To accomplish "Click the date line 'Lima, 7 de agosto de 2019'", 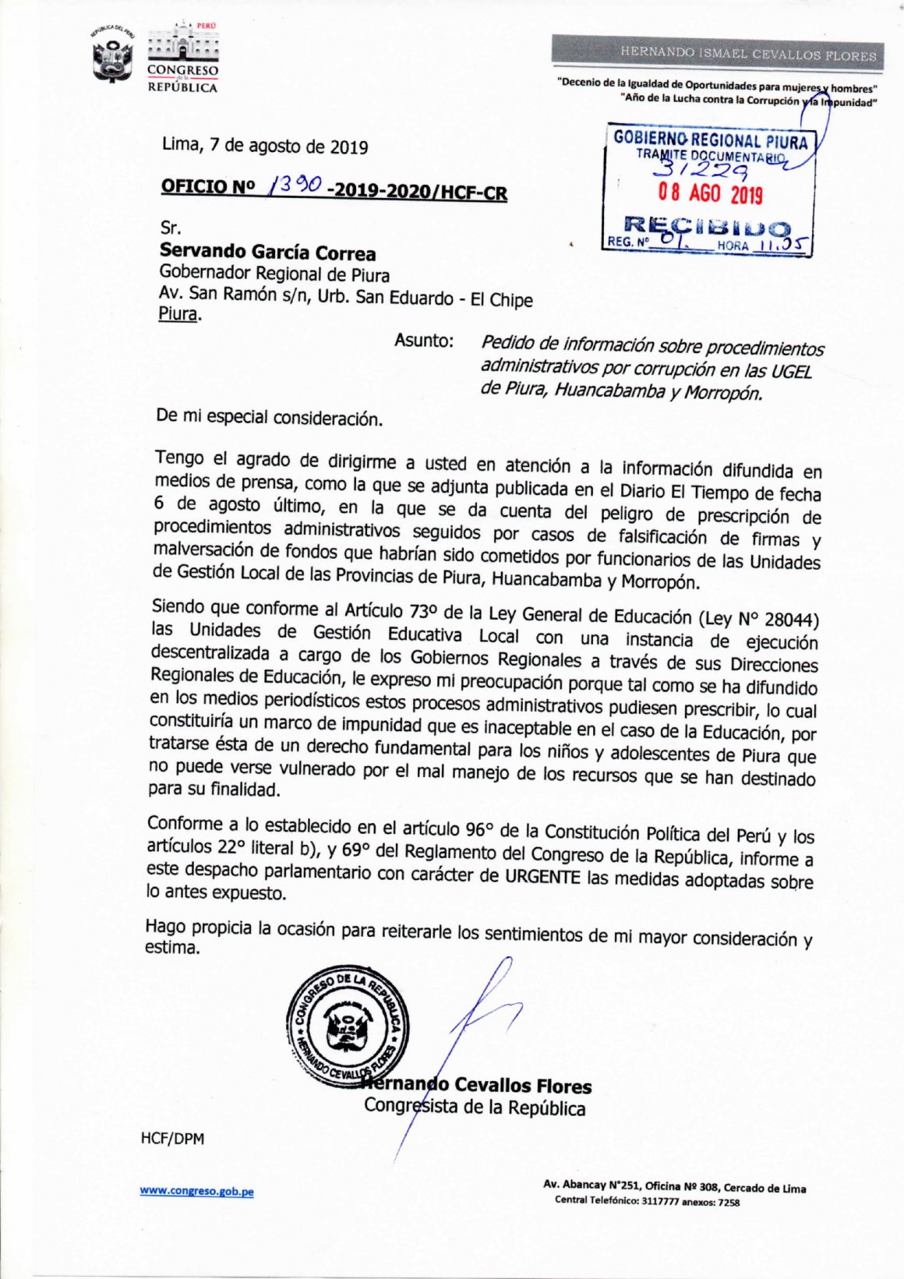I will click(265, 146).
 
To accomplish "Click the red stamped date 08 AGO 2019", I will click(709, 193).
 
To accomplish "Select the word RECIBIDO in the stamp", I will click(707, 228).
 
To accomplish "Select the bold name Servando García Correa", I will click(267, 252).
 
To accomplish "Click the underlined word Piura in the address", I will click(178, 314).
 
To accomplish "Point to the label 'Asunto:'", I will click(424, 341).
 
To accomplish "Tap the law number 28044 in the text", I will click(790, 620).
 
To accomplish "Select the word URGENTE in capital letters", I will click(542, 877).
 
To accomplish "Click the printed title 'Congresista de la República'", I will click(475, 1108).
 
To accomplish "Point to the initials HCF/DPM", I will click(172, 1139).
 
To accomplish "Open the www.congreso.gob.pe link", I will click(196, 1191).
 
